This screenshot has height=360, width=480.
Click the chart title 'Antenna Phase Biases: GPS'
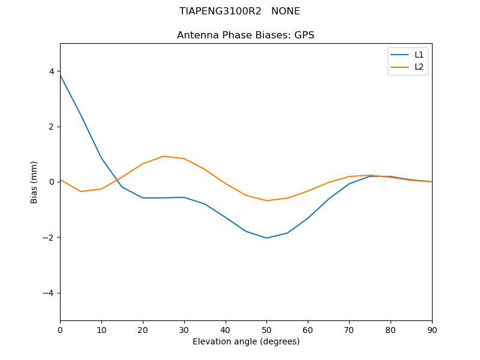(245, 35)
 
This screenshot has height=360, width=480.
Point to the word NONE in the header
(286, 11)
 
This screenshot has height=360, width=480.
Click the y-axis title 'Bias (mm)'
(34, 182)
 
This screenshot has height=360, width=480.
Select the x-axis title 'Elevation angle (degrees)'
(246, 342)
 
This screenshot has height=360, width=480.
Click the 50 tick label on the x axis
(266, 329)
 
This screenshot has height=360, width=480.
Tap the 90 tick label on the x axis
(432, 329)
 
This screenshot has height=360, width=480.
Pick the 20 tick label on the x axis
(143, 329)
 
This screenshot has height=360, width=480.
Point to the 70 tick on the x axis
(349, 320)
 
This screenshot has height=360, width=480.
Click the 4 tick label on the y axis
(52, 71)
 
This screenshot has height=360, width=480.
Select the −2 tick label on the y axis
(49, 238)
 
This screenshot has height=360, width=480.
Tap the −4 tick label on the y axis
(49, 293)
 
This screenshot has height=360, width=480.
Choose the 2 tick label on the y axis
(52, 127)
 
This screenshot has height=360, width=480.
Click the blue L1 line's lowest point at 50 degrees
(266, 238)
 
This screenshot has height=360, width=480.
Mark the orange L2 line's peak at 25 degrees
(163, 156)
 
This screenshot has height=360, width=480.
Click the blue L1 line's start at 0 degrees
(61, 75)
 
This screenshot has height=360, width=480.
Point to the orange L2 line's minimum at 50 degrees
(266, 200)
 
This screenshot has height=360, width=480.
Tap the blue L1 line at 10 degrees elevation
(101, 158)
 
